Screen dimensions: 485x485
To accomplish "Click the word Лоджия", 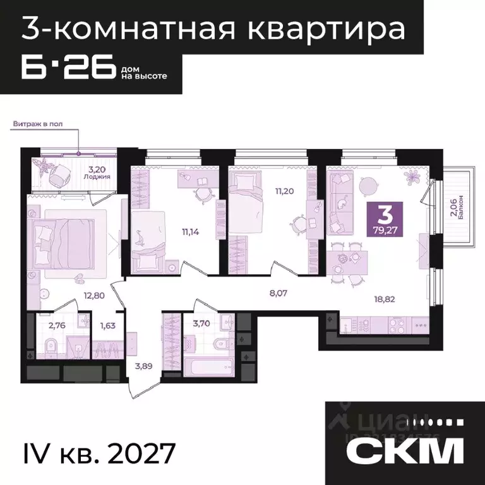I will tap(97, 177).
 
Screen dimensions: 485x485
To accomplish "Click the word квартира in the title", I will tap(340, 28).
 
